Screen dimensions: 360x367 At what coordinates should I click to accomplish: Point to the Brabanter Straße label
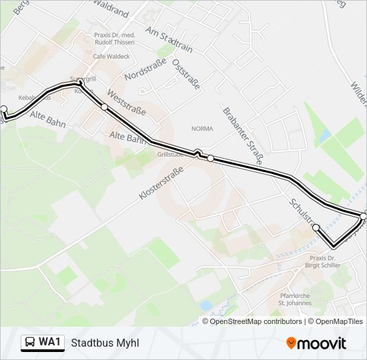[x=244, y=135]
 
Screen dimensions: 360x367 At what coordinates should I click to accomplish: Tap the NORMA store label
[x=202, y=129]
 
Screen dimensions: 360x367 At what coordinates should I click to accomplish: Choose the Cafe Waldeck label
[x=111, y=57]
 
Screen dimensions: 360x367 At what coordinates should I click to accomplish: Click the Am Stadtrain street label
[x=169, y=39]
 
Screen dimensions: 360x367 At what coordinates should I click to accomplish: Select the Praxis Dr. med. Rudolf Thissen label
[x=115, y=38]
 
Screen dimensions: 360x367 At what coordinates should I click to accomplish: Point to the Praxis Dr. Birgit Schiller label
[x=325, y=261]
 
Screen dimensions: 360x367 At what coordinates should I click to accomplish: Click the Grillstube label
[x=171, y=154]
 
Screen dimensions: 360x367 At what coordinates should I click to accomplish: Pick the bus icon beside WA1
[x=29, y=343]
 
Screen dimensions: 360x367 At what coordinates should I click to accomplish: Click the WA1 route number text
[x=49, y=343]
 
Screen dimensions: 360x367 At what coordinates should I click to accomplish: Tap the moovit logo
[x=316, y=343]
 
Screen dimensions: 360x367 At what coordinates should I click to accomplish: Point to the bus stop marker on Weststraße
[x=104, y=107]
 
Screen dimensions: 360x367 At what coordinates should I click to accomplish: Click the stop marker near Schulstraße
[x=316, y=228]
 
